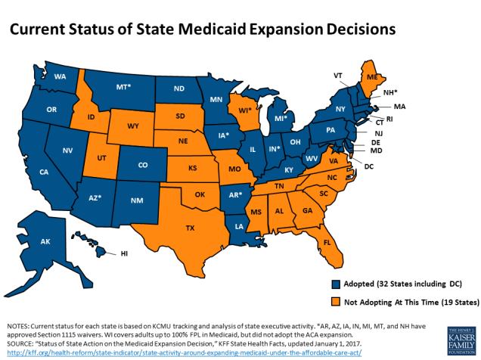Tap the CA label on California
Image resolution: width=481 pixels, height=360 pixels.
point(45,172)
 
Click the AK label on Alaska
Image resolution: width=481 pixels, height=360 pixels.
point(45,242)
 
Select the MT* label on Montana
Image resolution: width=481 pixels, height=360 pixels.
point(123,87)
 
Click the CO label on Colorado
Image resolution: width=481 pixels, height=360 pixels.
point(143,163)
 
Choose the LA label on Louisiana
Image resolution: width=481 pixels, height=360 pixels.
point(239,227)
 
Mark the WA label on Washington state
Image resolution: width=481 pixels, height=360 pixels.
point(60,77)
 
